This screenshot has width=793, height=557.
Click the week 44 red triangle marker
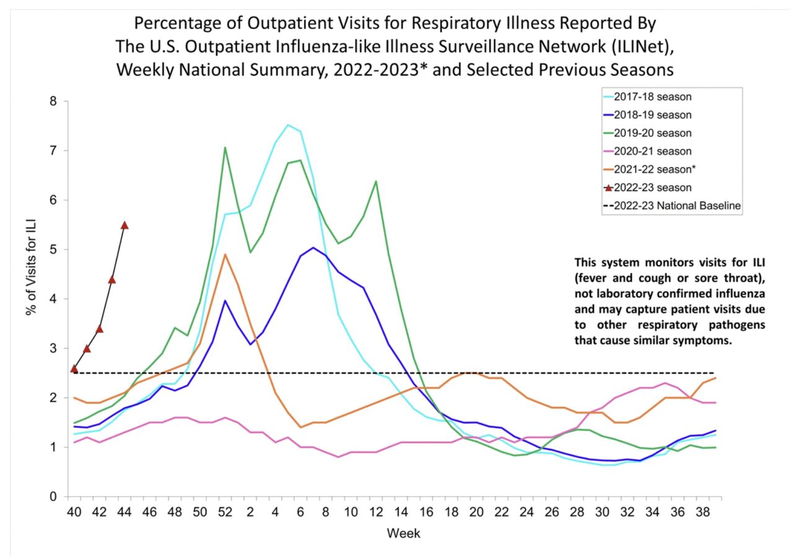point(125,225)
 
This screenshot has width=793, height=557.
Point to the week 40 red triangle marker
point(74,369)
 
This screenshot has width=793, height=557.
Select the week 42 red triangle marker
point(99,328)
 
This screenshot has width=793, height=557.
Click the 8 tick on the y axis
point(54,101)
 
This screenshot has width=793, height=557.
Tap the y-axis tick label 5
point(54,250)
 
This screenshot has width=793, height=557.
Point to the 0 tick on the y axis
point(54,497)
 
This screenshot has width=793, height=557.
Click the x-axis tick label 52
point(225,513)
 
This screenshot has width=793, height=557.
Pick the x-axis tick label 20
point(476,513)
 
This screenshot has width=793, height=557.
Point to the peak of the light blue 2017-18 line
point(287,125)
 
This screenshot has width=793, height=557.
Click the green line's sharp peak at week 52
point(225,147)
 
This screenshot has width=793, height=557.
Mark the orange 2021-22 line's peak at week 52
point(225,254)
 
